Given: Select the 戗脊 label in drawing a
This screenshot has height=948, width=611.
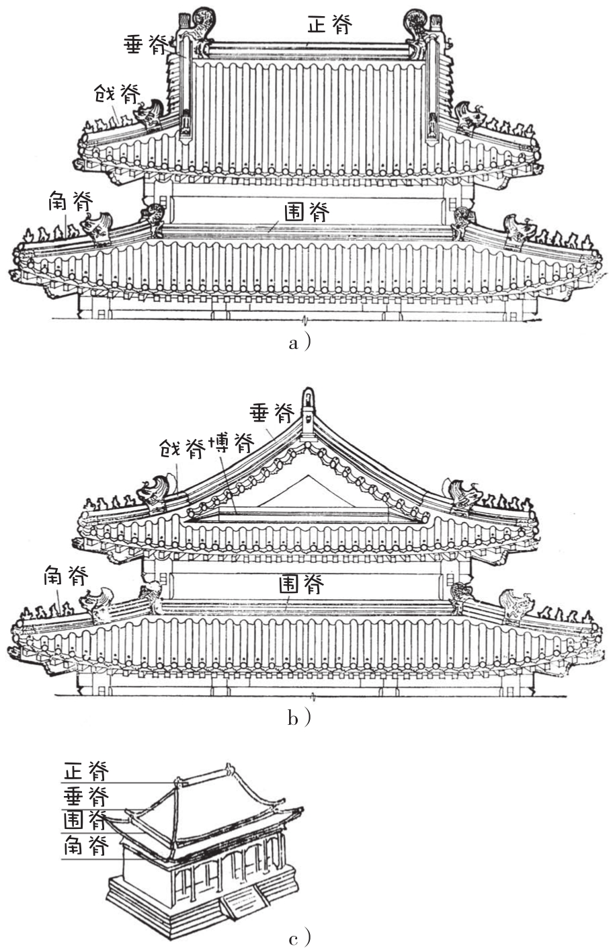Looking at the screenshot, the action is pos(117,93).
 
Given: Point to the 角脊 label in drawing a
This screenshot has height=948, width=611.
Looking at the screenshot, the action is pos(70,201).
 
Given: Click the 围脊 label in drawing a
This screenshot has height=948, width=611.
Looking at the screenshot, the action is pos(307,212).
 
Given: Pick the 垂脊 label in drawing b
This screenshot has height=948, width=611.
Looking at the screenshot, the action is pos(272,413).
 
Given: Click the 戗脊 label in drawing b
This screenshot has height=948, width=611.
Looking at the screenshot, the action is pos(183,448).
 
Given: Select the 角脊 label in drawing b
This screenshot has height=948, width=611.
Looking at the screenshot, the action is pos(66,576).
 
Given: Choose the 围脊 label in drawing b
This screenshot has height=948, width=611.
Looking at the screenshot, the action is pos(301,584).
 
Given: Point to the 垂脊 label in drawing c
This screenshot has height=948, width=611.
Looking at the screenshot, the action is pos(86,797).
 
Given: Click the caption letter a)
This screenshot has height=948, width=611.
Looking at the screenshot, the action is pos(300,343).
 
